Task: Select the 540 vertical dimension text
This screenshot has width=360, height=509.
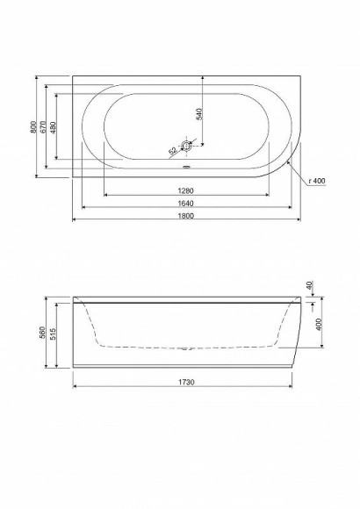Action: click(199, 112)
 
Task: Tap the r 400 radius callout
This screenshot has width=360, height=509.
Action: click(317, 180)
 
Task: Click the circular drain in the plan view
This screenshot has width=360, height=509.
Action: click(185, 147)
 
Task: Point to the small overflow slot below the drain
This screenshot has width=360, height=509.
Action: click(185, 164)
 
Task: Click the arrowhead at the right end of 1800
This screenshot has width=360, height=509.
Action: click(299, 219)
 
